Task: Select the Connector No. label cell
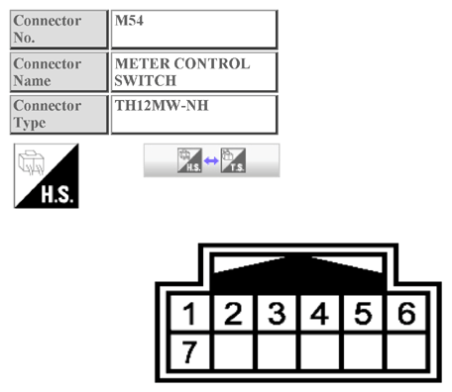coord(58,29)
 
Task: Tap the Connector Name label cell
coord(58,71)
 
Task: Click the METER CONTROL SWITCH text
coord(181,71)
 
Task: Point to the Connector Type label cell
coord(58,114)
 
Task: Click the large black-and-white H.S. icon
coord(46,175)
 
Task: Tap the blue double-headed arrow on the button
coord(211,160)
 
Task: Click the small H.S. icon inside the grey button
coord(189,160)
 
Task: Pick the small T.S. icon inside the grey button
coord(233,160)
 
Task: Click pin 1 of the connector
coord(190,315)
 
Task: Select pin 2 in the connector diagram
coord(234,315)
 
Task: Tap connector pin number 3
coord(278,315)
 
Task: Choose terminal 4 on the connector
coord(320,315)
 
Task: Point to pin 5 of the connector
coord(363,315)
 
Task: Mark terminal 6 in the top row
coord(405,315)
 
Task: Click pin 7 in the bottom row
coord(190,349)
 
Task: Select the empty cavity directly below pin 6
coord(405,350)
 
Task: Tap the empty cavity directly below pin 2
coord(234,350)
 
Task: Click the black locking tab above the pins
coord(297,270)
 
